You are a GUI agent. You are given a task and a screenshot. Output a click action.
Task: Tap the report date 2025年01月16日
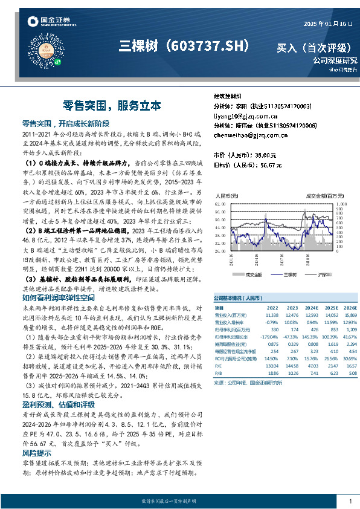pyautogui.click(x=326, y=23)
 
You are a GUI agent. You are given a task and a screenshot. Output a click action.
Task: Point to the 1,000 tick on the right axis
pyautogui.click(x=341, y=204)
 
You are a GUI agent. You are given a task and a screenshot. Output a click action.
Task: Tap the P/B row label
pyautogui.click(x=219, y=374)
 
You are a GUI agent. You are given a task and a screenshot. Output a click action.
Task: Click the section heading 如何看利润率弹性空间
pyautogui.click(x=58, y=297)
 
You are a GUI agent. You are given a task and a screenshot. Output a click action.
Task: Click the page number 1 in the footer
pyautogui.click(x=350, y=501)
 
